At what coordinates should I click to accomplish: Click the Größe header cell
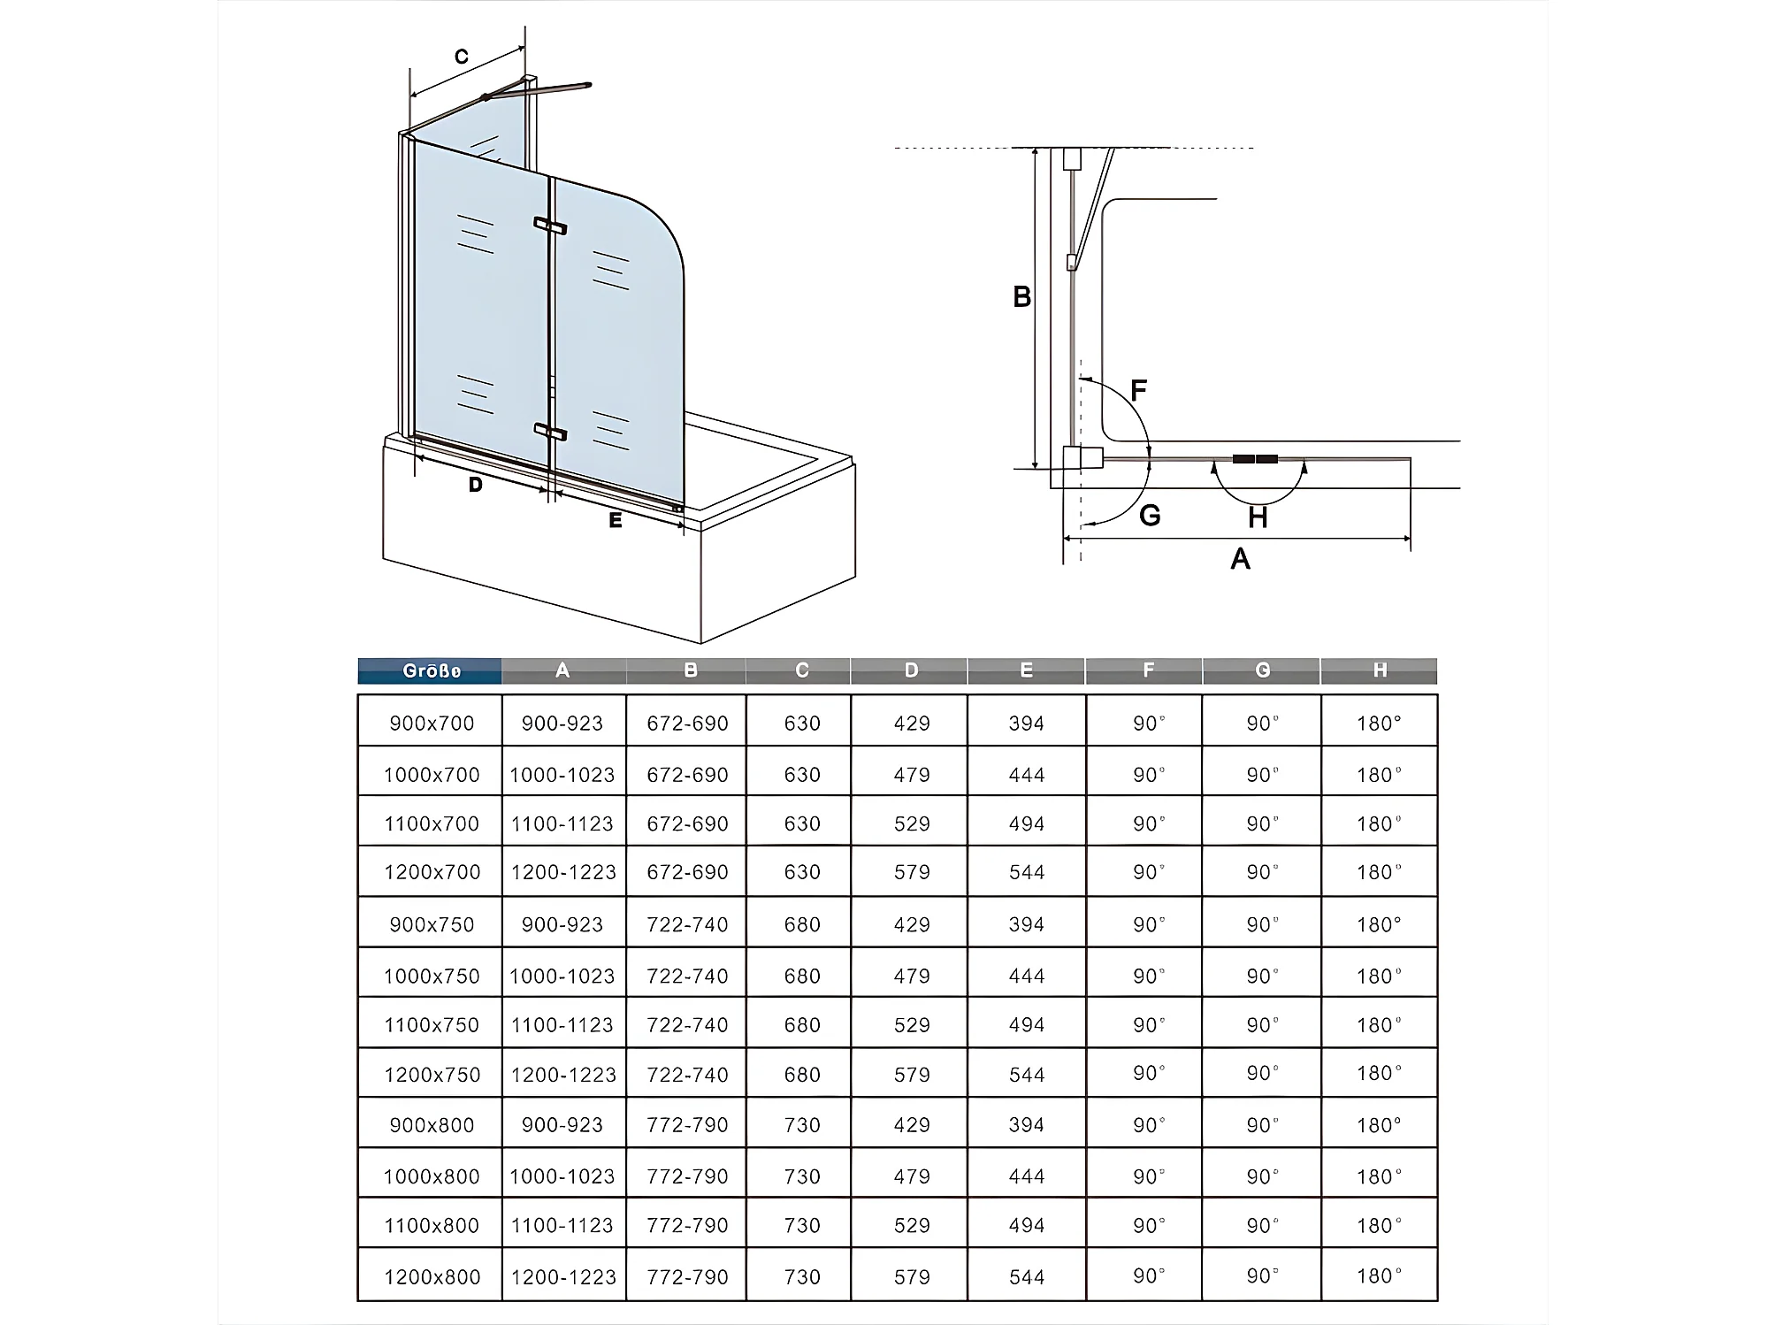431,671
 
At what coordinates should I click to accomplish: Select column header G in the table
1262,671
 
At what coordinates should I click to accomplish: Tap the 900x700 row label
432,724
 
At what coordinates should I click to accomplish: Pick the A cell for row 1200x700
563,872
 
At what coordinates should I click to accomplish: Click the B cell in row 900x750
687,924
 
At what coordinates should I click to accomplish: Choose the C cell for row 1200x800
802,1276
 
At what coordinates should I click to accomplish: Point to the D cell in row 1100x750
911,1025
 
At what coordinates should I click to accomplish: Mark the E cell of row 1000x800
1026,1176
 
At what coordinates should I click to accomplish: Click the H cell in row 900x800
1379,1125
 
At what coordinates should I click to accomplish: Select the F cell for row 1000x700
1149,775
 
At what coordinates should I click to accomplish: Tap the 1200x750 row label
432,1075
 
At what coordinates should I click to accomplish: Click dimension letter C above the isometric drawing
461,57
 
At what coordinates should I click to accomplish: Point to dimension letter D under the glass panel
476,485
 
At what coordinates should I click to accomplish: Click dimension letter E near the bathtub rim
616,520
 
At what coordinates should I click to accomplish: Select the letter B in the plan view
1021,297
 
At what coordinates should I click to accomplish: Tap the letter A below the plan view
1240,559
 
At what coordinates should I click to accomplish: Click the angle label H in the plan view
1258,517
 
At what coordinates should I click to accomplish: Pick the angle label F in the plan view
1138,390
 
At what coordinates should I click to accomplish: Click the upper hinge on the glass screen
550,226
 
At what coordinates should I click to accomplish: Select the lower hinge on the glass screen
550,432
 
